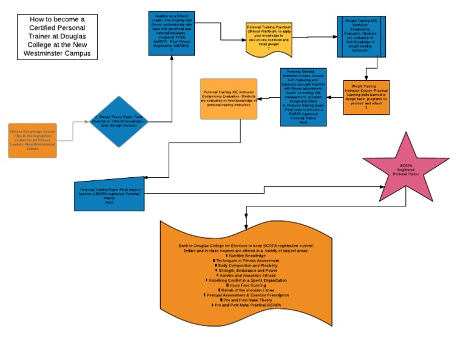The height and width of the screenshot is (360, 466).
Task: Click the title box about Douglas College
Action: pos(57,36)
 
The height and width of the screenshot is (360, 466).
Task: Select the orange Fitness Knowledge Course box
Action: pos(32,140)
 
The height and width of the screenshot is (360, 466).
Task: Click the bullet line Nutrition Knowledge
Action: pos(246,256)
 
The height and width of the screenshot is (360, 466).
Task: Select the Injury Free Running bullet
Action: pos(246,285)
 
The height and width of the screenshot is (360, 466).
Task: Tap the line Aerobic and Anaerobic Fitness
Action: pos(246,275)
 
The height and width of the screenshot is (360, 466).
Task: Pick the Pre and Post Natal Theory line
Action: pos(246,300)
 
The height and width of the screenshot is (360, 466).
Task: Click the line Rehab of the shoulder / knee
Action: pos(246,290)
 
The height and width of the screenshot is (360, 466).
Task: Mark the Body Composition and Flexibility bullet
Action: pos(246,265)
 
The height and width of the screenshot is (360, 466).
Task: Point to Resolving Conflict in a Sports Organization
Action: pos(246,280)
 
